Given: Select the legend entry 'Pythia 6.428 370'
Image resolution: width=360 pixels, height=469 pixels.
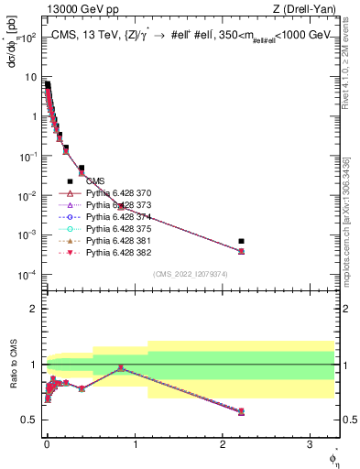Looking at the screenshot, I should [x=121, y=194].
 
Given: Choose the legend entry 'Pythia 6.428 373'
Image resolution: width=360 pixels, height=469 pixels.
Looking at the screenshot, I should [x=121, y=206].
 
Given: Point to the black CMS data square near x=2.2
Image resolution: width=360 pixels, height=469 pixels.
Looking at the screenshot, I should [x=241, y=241].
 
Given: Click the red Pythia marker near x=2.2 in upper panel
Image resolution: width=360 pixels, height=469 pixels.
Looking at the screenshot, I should [x=241, y=251].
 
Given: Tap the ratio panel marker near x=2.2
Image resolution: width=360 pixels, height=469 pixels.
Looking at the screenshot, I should [x=241, y=411].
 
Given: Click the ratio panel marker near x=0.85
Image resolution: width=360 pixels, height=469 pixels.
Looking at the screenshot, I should [x=121, y=368].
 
